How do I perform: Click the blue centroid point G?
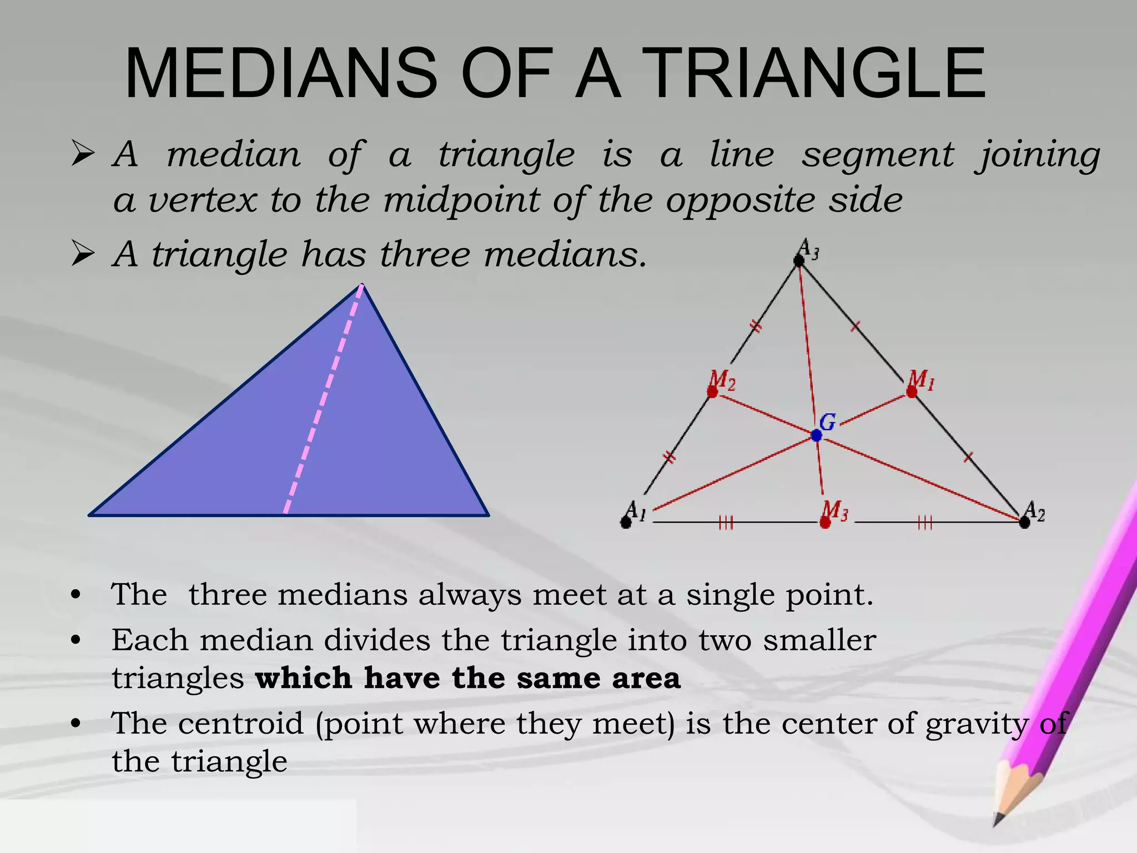(x=816, y=435)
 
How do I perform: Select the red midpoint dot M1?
(x=912, y=392)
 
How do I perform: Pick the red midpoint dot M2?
(x=712, y=392)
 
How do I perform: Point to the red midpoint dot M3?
(x=825, y=523)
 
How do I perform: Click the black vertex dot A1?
(x=626, y=523)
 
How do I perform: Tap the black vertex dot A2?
(x=1024, y=522)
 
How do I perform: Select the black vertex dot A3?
(x=799, y=260)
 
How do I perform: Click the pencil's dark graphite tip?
(x=998, y=820)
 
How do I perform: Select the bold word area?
(x=646, y=679)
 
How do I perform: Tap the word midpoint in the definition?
(x=461, y=200)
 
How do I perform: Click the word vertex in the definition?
(x=203, y=200)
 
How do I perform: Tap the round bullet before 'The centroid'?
(x=76, y=724)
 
